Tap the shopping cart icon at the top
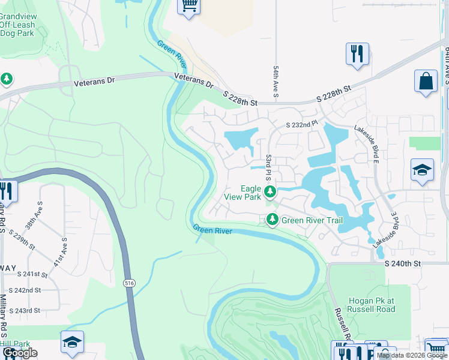coord(189,7)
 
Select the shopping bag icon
coord(426,82)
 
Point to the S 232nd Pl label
coord(300,124)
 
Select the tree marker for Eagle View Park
coord(271,192)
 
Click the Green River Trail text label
coord(312,220)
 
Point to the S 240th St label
coord(403,263)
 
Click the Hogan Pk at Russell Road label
coord(372,305)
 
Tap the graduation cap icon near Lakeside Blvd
coord(422,170)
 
